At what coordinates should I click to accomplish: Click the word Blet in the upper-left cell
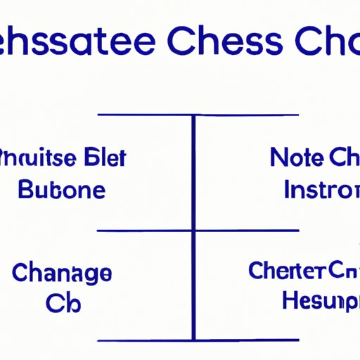[x=105, y=157]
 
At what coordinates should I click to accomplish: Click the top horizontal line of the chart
[x=141, y=115]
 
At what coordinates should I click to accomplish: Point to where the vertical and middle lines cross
[x=193, y=230]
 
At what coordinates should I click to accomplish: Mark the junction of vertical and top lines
[x=193, y=115]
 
